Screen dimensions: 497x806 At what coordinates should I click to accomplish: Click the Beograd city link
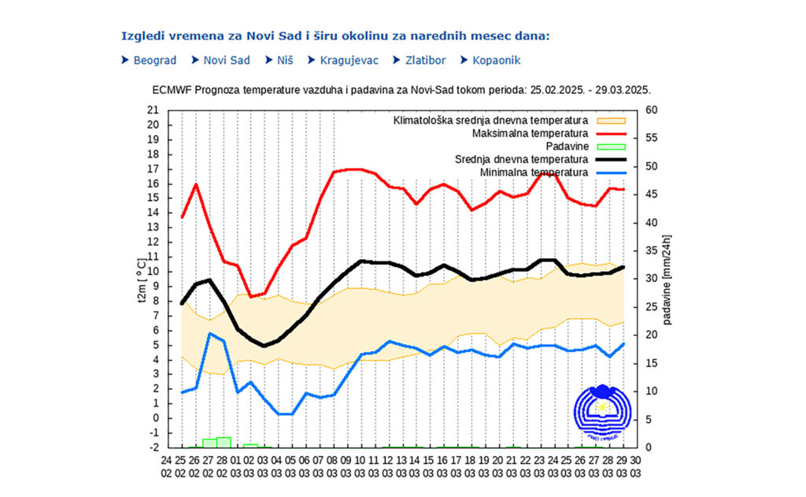154,60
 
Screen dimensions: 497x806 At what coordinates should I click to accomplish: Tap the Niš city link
284,60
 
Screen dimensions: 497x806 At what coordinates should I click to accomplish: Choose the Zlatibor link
424,60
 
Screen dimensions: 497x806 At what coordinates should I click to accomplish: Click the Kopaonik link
496,60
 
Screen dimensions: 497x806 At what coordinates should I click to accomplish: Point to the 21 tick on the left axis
153,110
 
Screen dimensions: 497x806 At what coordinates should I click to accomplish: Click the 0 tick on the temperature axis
157,418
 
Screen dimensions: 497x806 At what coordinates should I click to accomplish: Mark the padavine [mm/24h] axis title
667,279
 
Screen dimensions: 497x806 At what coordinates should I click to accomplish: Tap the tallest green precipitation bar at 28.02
224,442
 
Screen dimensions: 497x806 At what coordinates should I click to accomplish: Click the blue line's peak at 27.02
210,334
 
